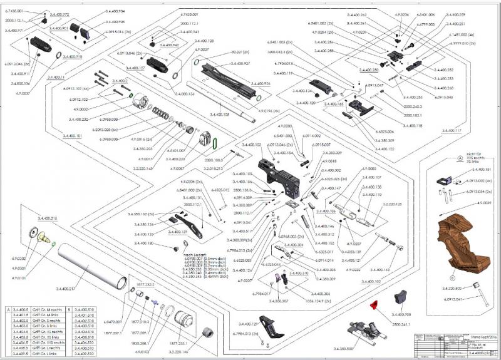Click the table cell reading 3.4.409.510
(83, 355)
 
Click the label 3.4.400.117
(451, 131)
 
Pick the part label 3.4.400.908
(401, 314)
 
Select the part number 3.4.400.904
(113, 11)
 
